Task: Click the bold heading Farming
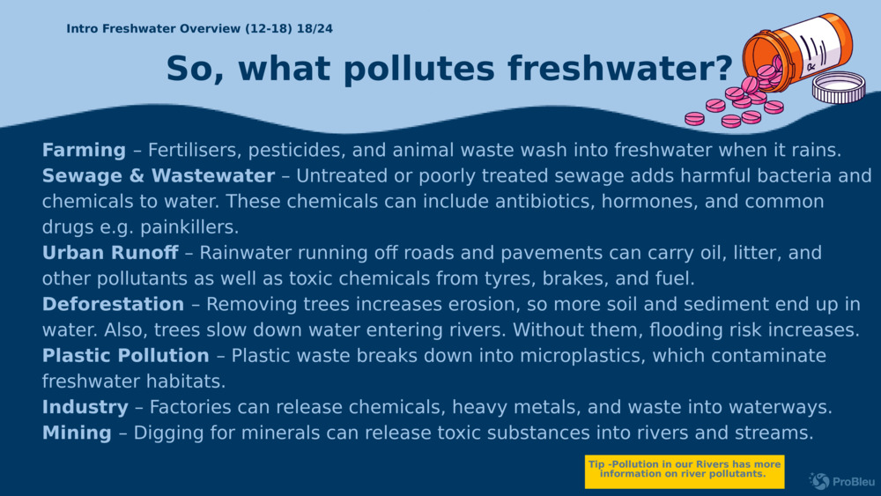[85, 151]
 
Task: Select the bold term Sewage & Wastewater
[159, 176]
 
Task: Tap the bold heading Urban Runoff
[110, 253]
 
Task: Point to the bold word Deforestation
[113, 304]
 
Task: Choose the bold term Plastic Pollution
[125, 356]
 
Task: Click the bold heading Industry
[85, 407]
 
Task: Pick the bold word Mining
[77, 433]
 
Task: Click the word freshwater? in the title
[619, 68]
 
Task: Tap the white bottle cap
[839, 87]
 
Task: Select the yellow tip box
[685, 471]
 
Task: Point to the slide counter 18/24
[315, 29]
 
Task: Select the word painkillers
[189, 227]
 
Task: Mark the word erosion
[492, 305]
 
